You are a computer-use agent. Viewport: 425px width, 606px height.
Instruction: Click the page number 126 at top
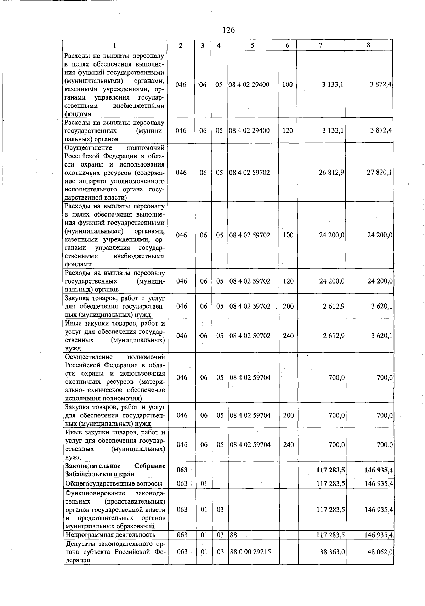(x=229, y=30)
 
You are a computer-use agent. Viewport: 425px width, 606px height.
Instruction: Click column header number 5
(x=252, y=45)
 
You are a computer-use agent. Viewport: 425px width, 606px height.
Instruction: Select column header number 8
(x=369, y=45)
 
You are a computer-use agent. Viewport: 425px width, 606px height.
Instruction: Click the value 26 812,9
(x=332, y=173)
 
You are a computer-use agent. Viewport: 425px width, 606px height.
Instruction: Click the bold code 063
(x=182, y=470)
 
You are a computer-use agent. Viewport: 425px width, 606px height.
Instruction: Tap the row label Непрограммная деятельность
(x=110, y=535)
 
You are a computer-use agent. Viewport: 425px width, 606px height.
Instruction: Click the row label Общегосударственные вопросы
(x=114, y=484)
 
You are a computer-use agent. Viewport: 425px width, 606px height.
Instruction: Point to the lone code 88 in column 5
(x=233, y=535)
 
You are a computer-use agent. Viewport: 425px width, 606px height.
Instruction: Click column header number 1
(x=114, y=45)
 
